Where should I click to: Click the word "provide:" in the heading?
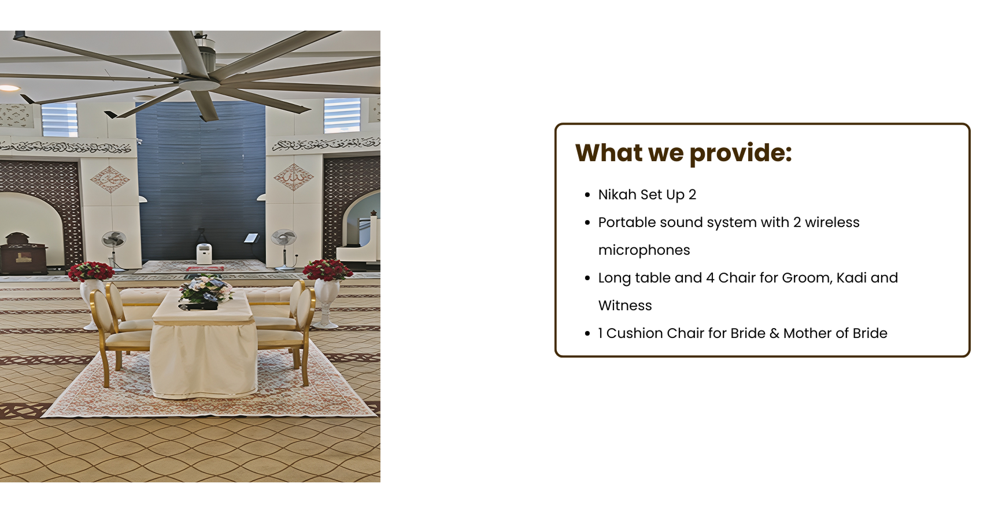pyautogui.click(x=741, y=154)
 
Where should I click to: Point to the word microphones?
pyautogui.click(x=644, y=250)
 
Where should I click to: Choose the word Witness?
pyautogui.click(x=625, y=306)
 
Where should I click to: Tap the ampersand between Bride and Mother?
pyautogui.click(x=774, y=333)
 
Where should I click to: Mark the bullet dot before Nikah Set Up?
pyautogui.click(x=587, y=195)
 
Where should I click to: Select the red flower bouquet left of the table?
pyautogui.click(x=91, y=272)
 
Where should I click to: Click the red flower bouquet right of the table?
pyautogui.click(x=327, y=270)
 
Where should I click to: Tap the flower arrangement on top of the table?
pyautogui.click(x=205, y=291)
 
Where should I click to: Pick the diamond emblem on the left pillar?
pyautogui.click(x=110, y=179)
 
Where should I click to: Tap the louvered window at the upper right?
pyautogui.click(x=342, y=116)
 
